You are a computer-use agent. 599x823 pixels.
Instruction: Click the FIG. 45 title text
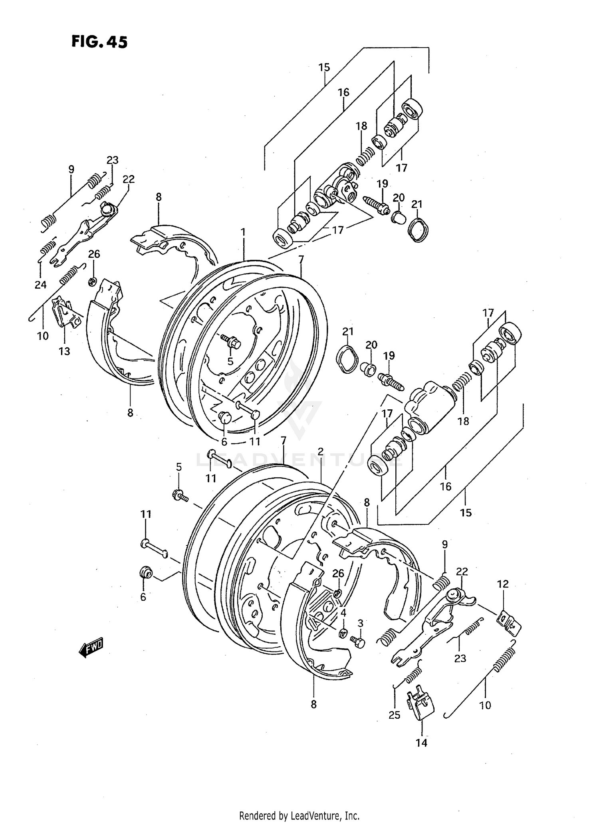[x=99, y=42]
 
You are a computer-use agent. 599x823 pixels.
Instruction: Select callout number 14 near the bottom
[x=422, y=743]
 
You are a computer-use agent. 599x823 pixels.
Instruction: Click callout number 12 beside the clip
[x=503, y=584]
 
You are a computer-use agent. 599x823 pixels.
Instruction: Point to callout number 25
[x=395, y=715]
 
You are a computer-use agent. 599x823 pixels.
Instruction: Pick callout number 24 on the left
[x=40, y=285]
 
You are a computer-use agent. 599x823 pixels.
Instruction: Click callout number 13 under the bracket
[x=64, y=351]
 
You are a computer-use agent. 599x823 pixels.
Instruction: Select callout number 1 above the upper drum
[x=243, y=232]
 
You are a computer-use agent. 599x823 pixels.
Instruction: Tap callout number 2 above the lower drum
[x=320, y=452]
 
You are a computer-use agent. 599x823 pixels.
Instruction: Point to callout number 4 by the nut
[x=343, y=612]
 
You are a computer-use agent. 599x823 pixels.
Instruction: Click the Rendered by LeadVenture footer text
[x=299, y=815]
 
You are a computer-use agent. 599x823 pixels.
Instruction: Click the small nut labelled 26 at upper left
[x=92, y=282]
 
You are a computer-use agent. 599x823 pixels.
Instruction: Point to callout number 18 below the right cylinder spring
[x=463, y=421]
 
